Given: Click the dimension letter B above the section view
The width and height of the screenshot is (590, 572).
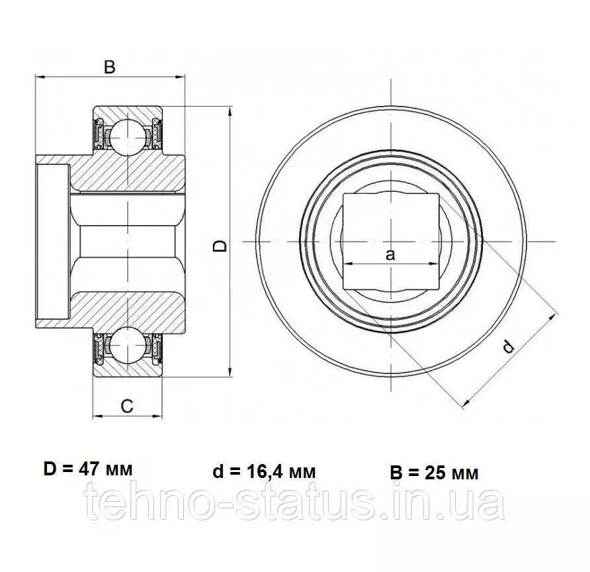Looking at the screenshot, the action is click(110, 68).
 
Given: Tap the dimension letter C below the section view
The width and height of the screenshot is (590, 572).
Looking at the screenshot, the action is click(127, 406).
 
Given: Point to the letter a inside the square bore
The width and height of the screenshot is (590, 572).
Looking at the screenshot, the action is click(390, 255).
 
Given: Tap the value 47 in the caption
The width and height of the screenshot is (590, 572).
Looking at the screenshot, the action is click(88, 469).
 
